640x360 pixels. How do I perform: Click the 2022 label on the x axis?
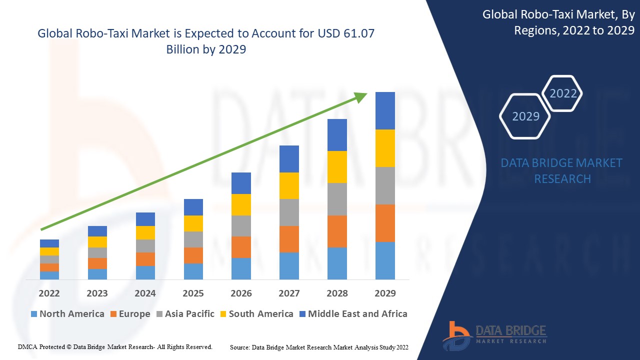49,293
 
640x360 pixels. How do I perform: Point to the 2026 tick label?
241,293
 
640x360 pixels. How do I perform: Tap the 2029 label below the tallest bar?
385,293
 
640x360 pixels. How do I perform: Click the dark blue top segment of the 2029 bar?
385,110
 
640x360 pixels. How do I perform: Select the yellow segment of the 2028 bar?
337,167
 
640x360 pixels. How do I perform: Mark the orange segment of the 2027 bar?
289,239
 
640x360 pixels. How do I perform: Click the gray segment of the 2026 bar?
241,226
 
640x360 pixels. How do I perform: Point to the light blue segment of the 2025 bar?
193,271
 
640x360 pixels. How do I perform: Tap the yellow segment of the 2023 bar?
97,242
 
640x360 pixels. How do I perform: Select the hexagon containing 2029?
525,116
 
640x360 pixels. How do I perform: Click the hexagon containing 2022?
563,93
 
